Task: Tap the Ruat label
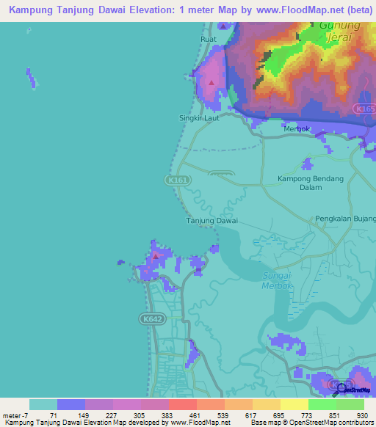[x=209, y=39]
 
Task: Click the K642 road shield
[x=152, y=318]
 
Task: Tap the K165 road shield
[x=363, y=109]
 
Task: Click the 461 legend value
[x=196, y=415]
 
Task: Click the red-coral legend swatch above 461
[x=182, y=404]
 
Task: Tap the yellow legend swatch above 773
[x=294, y=404]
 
